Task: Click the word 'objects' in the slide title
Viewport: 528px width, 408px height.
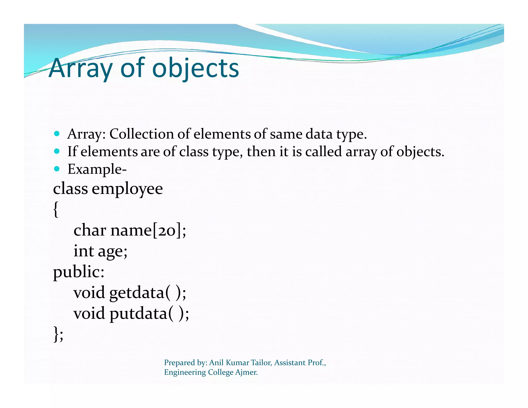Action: coord(196,68)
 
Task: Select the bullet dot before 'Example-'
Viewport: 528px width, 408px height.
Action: coord(57,169)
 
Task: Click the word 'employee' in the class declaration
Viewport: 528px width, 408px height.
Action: coord(127,189)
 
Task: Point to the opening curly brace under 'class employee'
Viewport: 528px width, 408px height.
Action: coord(56,209)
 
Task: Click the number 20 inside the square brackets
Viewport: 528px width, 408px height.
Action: coord(167,230)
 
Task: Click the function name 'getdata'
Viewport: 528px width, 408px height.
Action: coord(137,293)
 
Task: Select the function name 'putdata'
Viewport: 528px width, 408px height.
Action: coord(138,314)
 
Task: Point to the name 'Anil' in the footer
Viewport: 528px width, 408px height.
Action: coord(216,363)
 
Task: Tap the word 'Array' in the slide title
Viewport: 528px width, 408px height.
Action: coord(81,68)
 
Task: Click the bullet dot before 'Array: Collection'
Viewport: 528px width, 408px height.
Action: coord(57,134)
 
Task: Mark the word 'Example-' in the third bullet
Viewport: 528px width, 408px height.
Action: coord(97,169)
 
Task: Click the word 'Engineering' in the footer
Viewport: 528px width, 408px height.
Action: coord(185,372)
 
